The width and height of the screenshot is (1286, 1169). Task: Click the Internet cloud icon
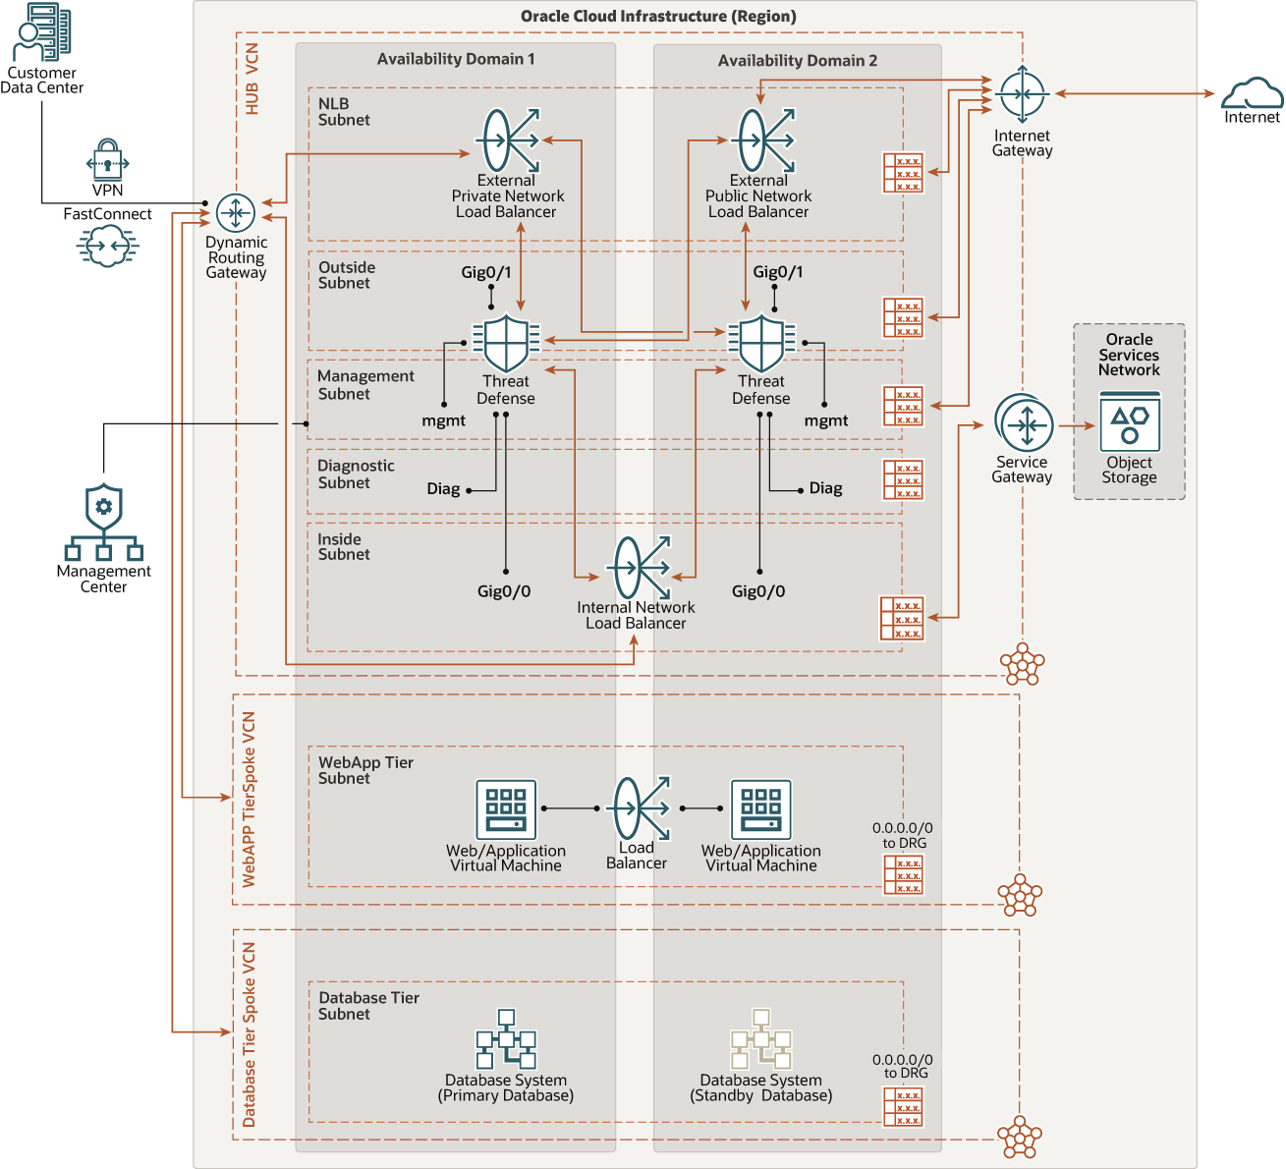click(x=1252, y=94)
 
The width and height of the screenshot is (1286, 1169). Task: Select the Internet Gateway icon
click(x=1023, y=94)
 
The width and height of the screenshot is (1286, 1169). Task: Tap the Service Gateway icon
click(x=1024, y=424)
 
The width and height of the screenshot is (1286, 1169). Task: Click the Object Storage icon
click(x=1130, y=421)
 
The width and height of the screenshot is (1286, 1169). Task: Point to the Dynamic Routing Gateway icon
click(x=236, y=212)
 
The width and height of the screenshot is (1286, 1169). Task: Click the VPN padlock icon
click(x=107, y=159)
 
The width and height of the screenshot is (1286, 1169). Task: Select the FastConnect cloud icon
click(x=107, y=246)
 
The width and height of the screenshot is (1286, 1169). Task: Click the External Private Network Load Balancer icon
click(x=508, y=140)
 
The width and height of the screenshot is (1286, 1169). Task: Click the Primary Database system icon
click(x=506, y=1039)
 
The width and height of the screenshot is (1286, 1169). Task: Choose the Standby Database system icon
click(x=760, y=1039)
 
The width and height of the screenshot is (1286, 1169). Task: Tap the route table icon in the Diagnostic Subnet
click(x=902, y=480)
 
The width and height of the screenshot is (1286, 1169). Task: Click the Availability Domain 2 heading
click(x=797, y=61)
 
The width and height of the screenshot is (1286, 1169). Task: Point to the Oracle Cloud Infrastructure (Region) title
click(x=658, y=17)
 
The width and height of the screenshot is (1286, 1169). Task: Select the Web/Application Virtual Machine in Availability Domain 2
click(x=760, y=809)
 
